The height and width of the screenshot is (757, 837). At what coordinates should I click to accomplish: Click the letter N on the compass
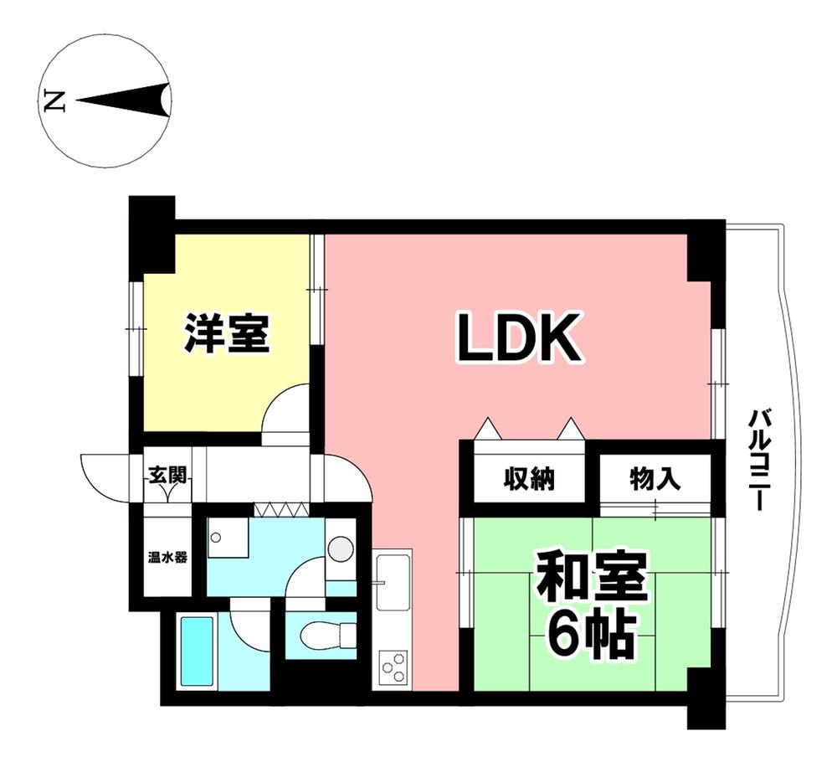tap(55, 101)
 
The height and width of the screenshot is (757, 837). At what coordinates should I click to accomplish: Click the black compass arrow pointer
tap(126, 100)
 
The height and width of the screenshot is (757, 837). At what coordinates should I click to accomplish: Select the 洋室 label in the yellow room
tap(227, 332)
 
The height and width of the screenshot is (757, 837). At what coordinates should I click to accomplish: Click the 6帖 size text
tap(591, 638)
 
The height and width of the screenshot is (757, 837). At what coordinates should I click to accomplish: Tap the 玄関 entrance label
tap(167, 475)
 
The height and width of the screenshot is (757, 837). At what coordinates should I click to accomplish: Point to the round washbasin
tap(340, 550)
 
